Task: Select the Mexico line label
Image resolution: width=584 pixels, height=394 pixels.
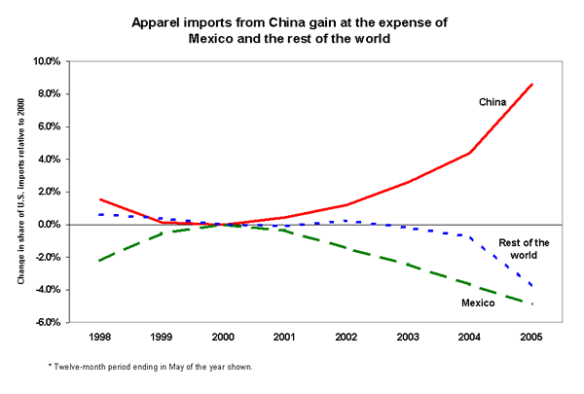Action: tap(478, 304)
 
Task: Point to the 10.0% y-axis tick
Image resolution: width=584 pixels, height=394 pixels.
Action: tap(49, 61)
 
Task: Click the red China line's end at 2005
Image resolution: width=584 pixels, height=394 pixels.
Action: tap(532, 84)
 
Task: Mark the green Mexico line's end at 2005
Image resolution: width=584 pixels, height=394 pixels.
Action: tap(532, 304)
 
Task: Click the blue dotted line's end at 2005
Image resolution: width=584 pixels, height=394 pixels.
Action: tap(532, 286)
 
